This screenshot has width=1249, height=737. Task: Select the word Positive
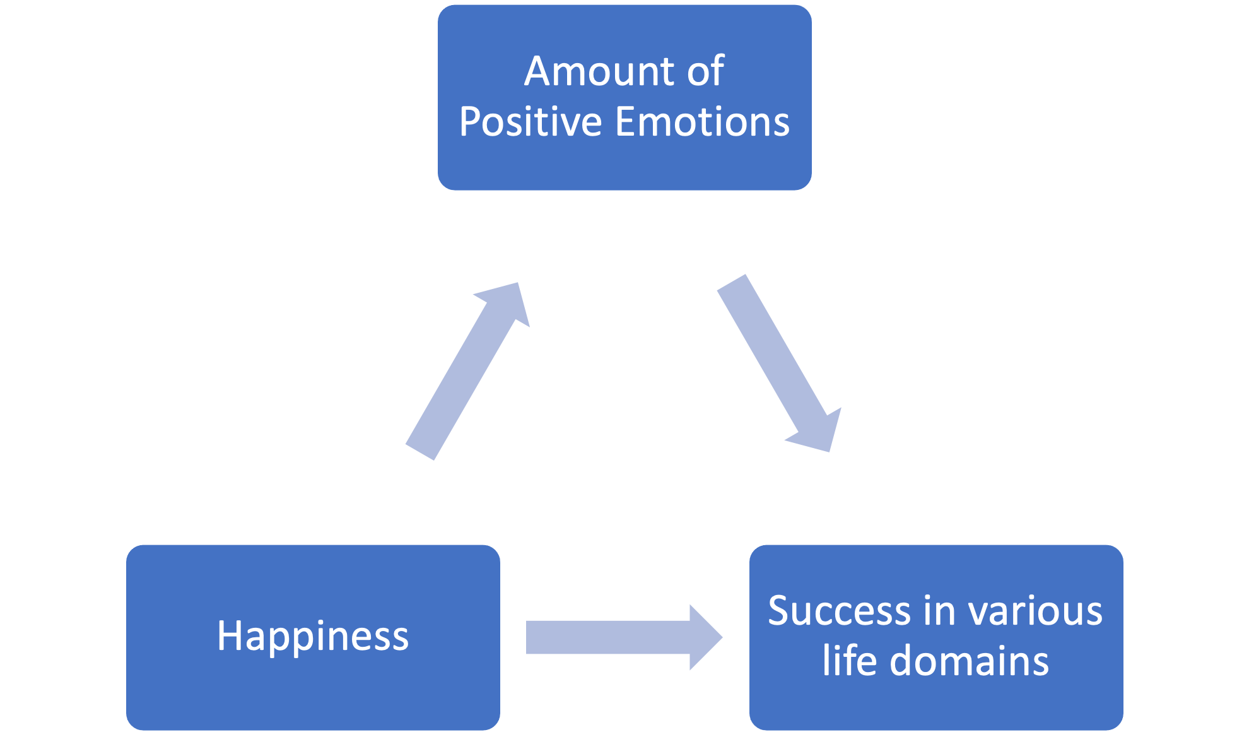coord(530,121)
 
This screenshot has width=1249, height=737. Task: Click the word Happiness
coord(313,636)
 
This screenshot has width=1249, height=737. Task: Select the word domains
coord(969,661)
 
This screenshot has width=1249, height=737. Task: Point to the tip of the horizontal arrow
coord(721,637)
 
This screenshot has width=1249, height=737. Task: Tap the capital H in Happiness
coord(228,636)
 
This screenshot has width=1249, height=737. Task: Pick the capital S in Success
coord(780,611)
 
